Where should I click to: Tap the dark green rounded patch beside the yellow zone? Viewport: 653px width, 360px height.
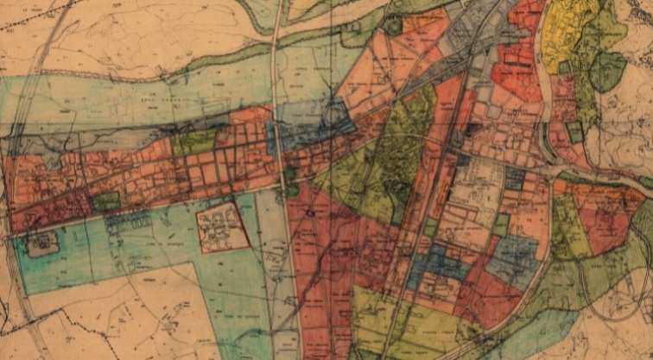click(x=607, y=72)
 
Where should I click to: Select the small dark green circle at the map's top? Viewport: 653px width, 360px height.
click(x=393, y=26)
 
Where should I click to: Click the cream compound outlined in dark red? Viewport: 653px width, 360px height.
click(x=222, y=226)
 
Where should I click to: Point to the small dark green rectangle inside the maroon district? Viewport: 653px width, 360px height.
click(x=106, y=201)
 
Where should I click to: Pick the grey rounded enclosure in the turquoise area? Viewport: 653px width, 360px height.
click(x=41, y=244)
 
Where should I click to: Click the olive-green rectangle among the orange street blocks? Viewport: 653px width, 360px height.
click(x=195, y=141)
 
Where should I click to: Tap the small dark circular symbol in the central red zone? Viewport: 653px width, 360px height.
click(x=310, y=212)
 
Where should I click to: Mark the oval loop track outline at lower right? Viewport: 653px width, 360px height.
click(x=618, y=294)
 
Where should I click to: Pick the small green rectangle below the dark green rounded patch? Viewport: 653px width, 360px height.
click(x=574, y=132)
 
